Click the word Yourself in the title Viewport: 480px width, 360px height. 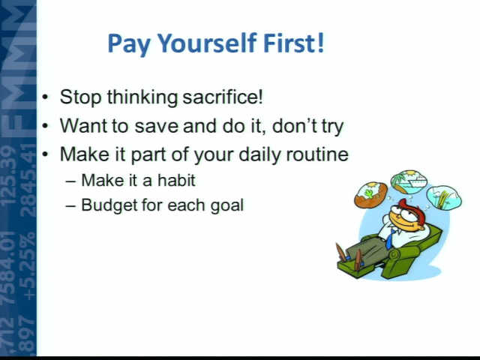click(x=207, y=44)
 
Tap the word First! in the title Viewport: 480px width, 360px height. click(x=293, y=43)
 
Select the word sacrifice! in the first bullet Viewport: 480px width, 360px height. click(x=223, y=97)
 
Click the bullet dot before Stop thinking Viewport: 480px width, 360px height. click(x=45, y=97)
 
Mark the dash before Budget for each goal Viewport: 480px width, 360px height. click(x=70, y=205)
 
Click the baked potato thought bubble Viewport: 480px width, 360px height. click(x=371, y=195)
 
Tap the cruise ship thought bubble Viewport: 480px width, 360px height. click(x=408, y=181)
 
